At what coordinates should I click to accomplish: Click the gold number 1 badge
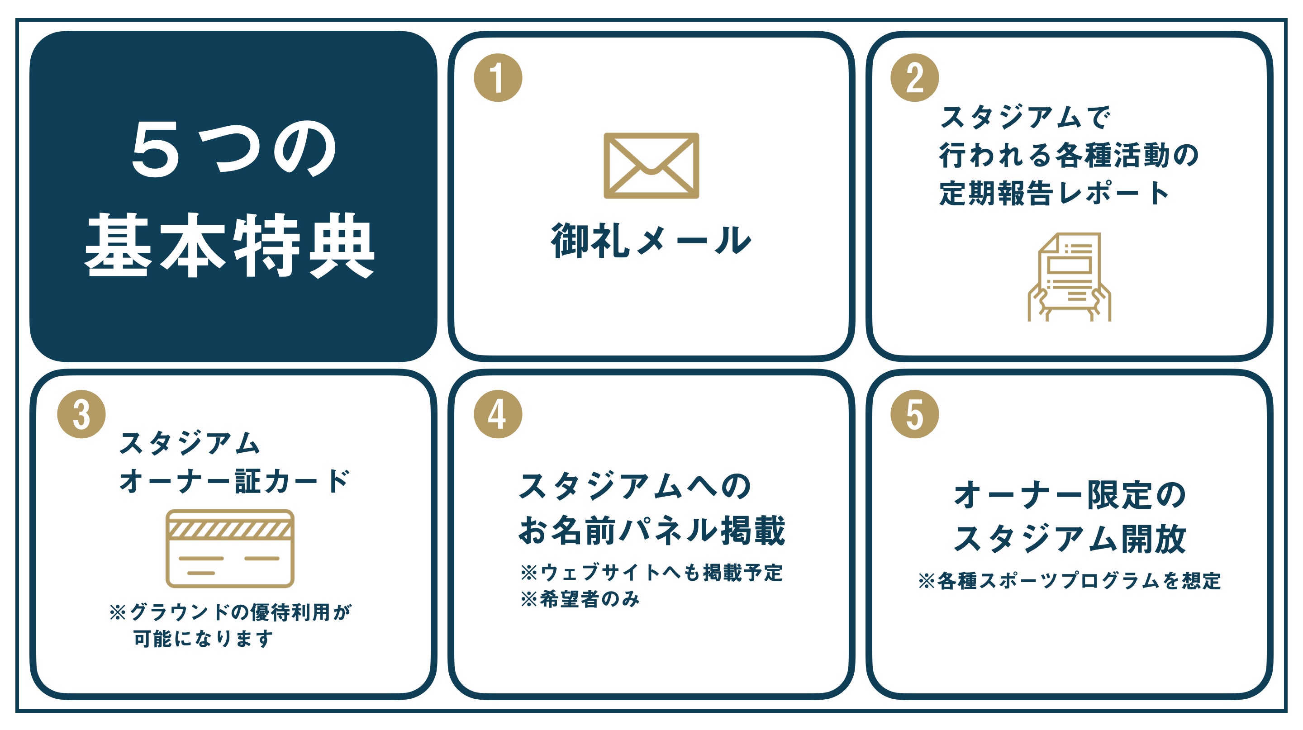(x=498, y=78)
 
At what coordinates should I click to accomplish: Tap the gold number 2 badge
(x=914, y=78)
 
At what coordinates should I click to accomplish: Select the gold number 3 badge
(x=81, y=414)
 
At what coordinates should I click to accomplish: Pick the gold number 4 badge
(x=498, y=414)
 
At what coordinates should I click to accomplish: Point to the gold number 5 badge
(x=914, y=414)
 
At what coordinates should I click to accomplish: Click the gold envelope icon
(x=651, y=166)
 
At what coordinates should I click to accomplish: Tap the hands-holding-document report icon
(x=1069, y=277)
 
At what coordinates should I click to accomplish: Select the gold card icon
(x=230, y=549)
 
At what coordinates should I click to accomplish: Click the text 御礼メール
(x=651, y=241)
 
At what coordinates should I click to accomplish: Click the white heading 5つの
(x=234, y=150)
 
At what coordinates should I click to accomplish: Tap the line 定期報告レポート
(x=1055, y=193)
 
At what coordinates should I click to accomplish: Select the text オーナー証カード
(x=234, y=481)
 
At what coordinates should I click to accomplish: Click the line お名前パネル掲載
(x=651, y=530)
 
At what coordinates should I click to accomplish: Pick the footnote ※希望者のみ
(x=580, y=600)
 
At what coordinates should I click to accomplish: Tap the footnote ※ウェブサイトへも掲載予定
(x=651, y=573)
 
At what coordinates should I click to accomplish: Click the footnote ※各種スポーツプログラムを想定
(x=1069, y=581)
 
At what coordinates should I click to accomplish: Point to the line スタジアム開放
(x=1069, y=539)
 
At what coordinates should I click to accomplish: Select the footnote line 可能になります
(x=203, y=639)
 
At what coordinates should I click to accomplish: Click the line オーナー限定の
(x=1069, y=495)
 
